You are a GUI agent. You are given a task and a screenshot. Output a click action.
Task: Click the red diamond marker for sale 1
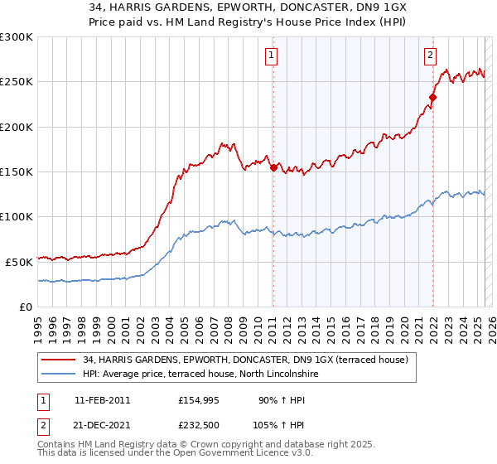point(273,167)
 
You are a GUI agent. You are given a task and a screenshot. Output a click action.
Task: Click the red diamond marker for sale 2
point(432,98)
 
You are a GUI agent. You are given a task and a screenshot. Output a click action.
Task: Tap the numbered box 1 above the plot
point(272,56)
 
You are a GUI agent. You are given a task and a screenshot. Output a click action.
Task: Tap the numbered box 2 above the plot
point(431,56)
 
